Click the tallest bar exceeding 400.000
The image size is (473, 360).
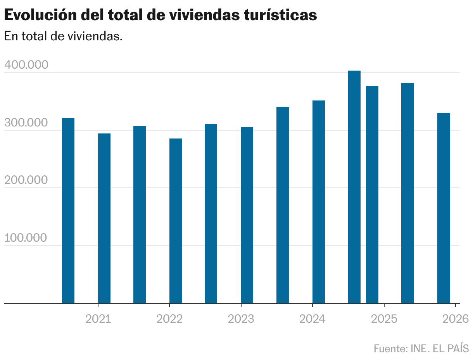[354, 186]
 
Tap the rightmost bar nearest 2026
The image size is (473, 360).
[444, 208]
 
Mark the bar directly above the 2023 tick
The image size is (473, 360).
[247, 215]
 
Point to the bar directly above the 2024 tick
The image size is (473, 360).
[319, 202]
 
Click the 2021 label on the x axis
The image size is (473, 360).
[98, 319]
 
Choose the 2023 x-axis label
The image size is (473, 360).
[241, 319]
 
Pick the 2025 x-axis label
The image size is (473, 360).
[384, 319]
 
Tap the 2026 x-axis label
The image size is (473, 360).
[456, 319]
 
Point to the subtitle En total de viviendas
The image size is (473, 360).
[63, 36]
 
